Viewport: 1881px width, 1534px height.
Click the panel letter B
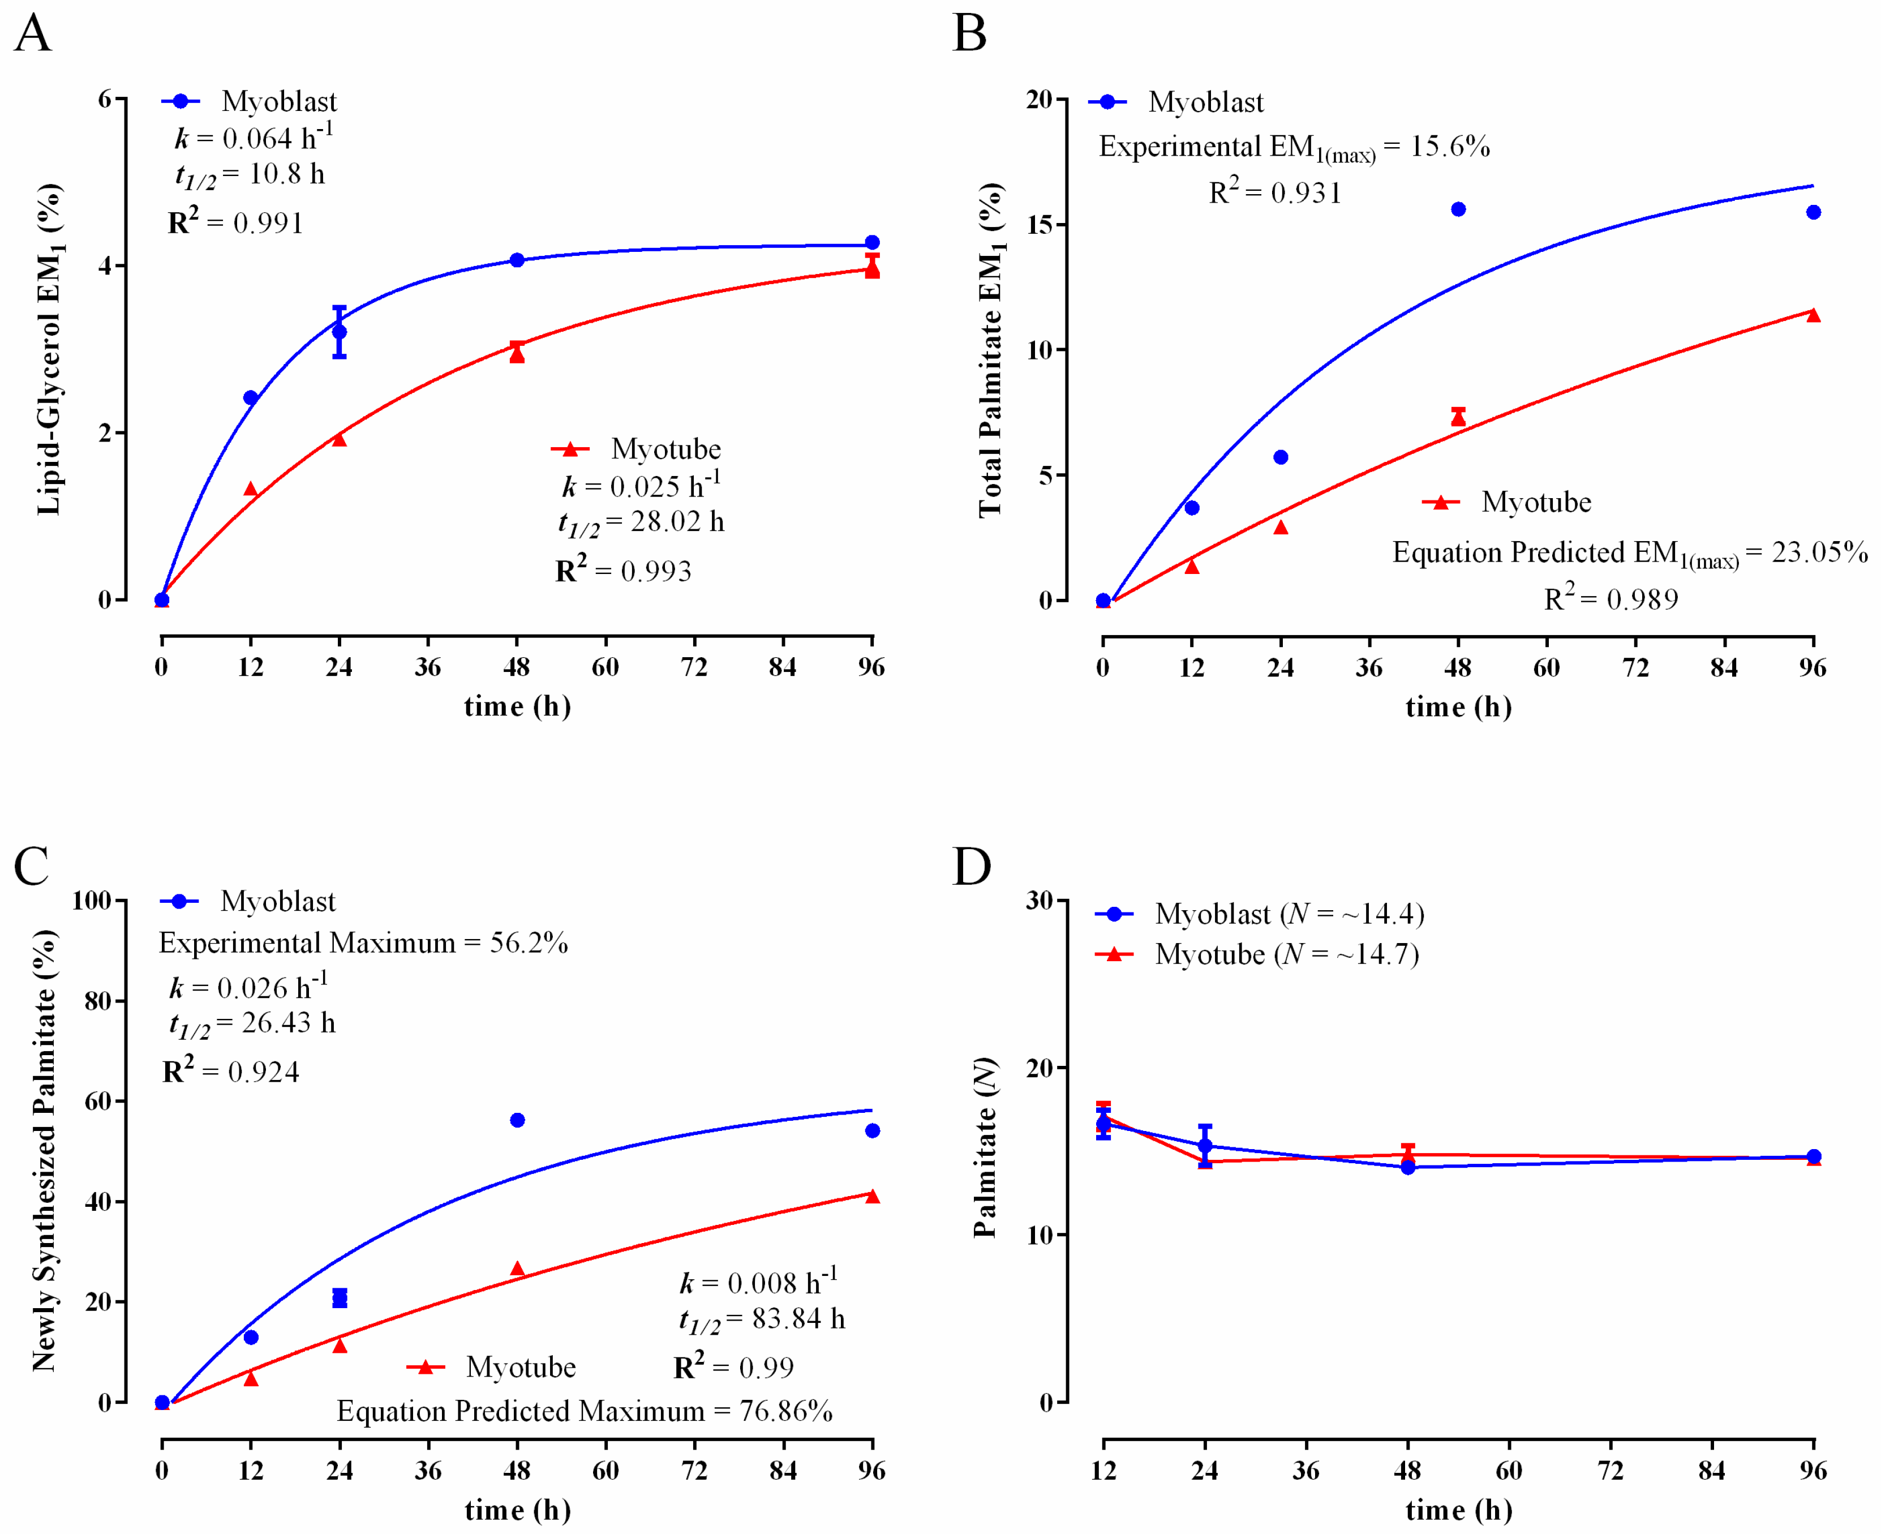(969, 33)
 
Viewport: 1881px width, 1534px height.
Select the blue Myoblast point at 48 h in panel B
(1458, 209)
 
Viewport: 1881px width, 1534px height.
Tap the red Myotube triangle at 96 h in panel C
(872, 1197)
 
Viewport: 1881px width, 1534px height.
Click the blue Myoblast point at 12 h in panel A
(251, 397)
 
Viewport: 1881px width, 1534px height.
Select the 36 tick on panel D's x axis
(1306, 1471)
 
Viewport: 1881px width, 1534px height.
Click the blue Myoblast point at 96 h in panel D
(1813, 1156)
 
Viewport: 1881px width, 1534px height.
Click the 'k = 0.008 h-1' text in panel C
(758, 1282)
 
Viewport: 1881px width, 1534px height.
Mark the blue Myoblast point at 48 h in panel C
(518, 1120)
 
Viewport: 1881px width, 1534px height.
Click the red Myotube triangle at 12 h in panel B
(1192, 567)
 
